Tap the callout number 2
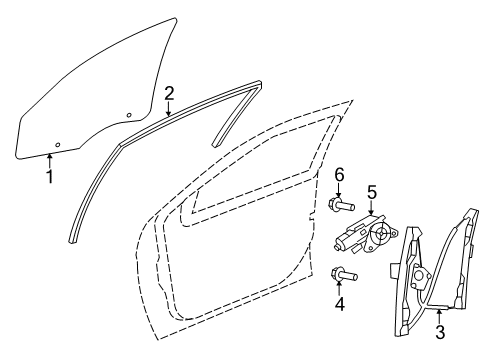click(169, 93)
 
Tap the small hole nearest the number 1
click(57, 146)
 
